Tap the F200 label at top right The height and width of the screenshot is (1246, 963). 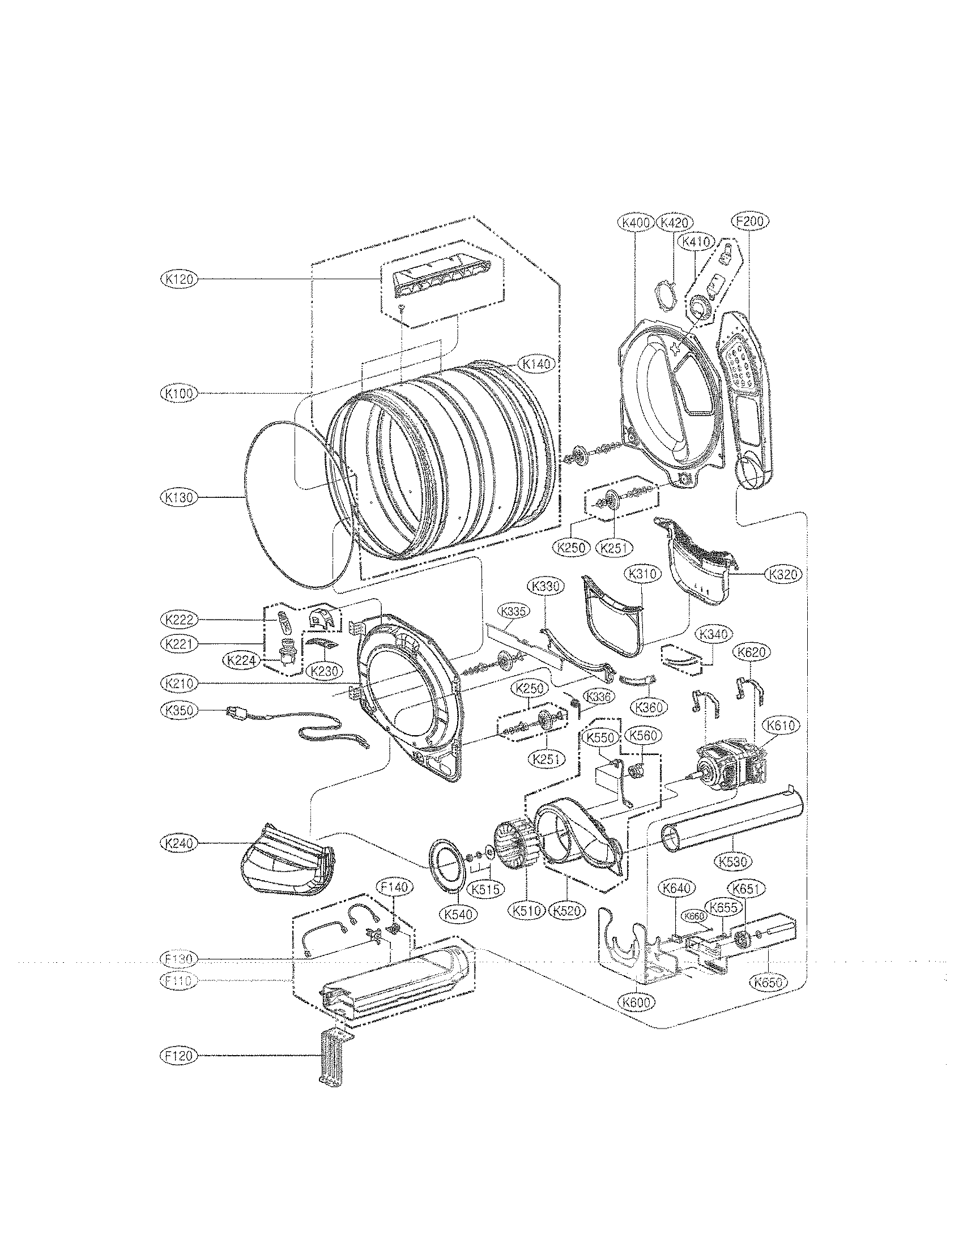(x=749, y=222)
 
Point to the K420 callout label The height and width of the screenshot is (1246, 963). (x=674, y=222)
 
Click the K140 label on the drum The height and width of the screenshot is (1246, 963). (x=536, y=364)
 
